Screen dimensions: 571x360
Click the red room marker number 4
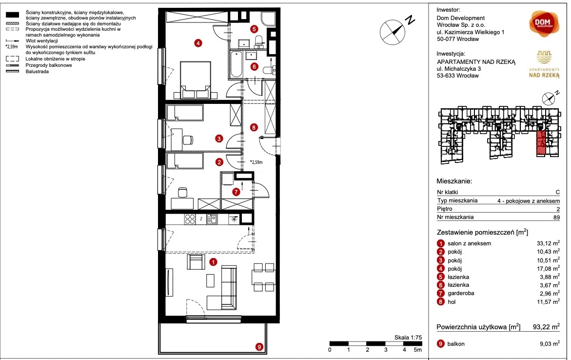click(x=198, y=43)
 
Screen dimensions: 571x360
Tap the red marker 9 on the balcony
click(x=259, y=347)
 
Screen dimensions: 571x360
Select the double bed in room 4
click(x=196, y=80)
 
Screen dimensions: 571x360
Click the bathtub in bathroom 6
click(x=236, y=64)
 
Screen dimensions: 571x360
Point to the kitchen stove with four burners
click(x=190, y=219)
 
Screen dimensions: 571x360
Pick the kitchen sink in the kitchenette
click(x=212, y=219)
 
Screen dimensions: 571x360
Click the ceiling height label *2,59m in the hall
click(x=256, y=162)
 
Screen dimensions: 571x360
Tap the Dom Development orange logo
click(x=544, y=23)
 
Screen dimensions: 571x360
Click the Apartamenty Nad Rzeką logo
click(x=544, y=64)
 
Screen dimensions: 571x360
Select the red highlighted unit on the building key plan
click(x=541, y=143)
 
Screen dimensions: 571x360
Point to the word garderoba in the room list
click(x=461, y=293)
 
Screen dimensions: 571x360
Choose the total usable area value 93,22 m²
click(x=546, y=327)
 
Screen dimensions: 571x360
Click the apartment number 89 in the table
click(x=556, y=217)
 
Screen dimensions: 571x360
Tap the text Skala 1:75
click(x=408, y=338)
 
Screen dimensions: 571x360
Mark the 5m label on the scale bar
click(x=417, y=350)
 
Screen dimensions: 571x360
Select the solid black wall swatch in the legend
click(x=13, y=15)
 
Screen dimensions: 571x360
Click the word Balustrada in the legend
click(x=37, y=72)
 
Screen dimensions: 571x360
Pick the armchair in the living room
click(x=196, y=262)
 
